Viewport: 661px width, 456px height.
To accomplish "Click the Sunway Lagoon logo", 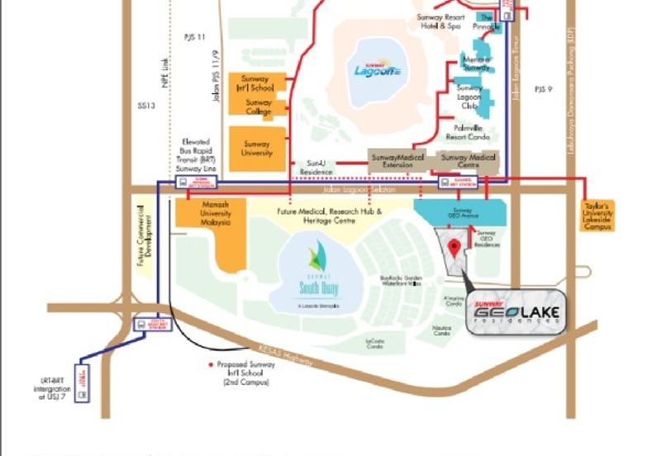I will coord(377,69).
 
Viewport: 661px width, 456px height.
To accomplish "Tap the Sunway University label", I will coord(257,149).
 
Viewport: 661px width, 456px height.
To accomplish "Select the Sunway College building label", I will coord(259,107).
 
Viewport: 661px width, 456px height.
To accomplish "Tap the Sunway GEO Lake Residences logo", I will coord(517,313).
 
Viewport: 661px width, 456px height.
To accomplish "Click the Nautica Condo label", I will coord(441,330).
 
